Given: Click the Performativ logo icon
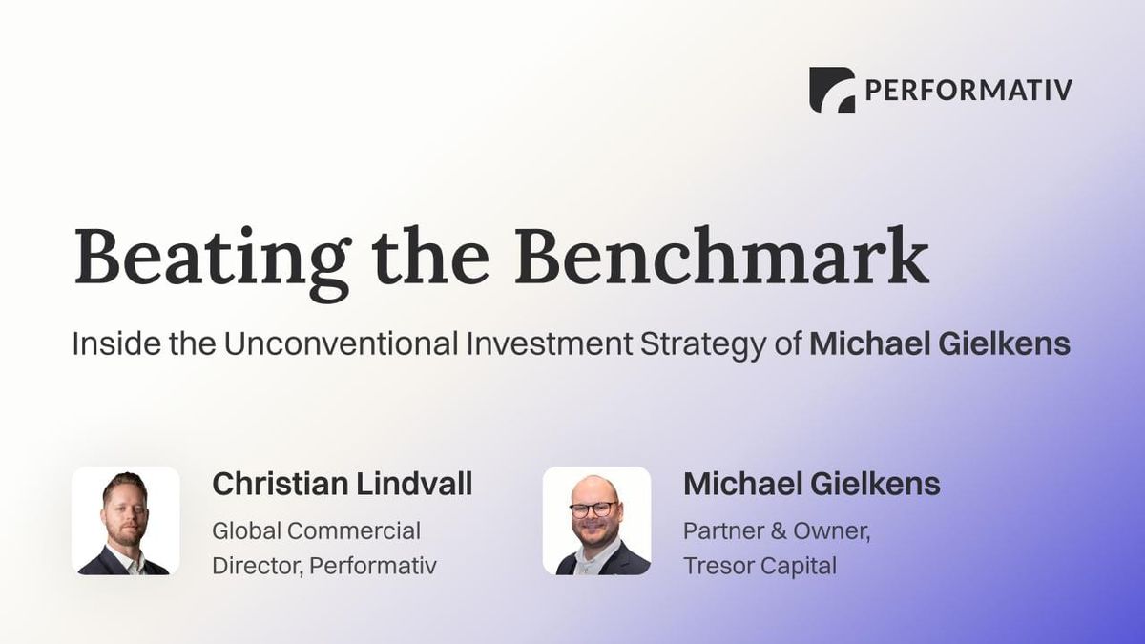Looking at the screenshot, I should pyautogui.click(x=831, y=90).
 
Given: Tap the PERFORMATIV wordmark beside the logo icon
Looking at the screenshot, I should pyautogui.click(x=968, y=91).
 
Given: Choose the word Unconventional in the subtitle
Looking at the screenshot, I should pyautogui.click(x=340, y=343).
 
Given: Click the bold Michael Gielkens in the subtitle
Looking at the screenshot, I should pyautogui.click(x=940, y=343).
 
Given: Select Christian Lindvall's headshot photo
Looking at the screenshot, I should pyautogui.click(x=125, y=521).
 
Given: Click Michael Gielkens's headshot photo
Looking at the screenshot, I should pyautogui.click(x=596, y=521).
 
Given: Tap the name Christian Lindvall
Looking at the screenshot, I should pyautogui.click(x=342, y=484).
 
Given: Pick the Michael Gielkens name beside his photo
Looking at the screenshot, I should pyautogui.click(x=812, y=484).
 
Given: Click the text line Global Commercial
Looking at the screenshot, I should pyautogui.click(x=316, y=530).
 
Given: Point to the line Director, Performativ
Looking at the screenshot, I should pyautogui.click(x=324, y=565).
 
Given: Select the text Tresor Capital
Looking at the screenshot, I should pyautogui.click(x=760, y=565).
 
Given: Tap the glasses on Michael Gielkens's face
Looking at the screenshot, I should pyautogui.click(x=593, y=509).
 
